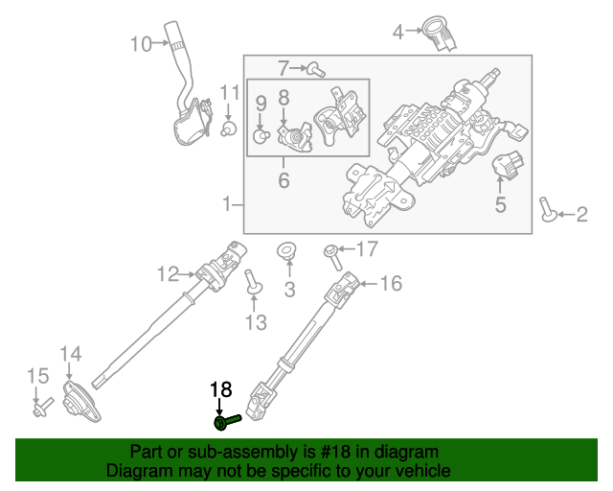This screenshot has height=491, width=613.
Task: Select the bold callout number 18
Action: pyautogui.click(x=221, y=389)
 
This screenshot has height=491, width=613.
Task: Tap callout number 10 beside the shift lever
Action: pyautogui.click(x=141, y=43)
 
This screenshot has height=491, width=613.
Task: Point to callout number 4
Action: pyautogui.click(x=398, y=34)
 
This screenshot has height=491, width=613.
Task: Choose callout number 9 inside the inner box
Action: pyautogui.click(x=261, y=102)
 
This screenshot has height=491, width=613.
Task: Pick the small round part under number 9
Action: pyautogui.click(x=259, y=135)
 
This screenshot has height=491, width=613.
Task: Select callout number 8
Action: pyautogui.click(x=284, y=97)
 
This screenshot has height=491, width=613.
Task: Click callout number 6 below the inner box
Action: pyautogui.click(x=284, y=180)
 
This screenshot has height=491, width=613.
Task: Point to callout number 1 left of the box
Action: pyautogui.click(x=227, y=204)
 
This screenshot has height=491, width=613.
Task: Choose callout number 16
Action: pyautogui.click(x=391, y=284)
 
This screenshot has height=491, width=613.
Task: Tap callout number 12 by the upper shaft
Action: pyautogui.click(x=168, y=275)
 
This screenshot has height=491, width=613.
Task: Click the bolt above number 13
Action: pyautogui.click(x=254, y=284)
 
